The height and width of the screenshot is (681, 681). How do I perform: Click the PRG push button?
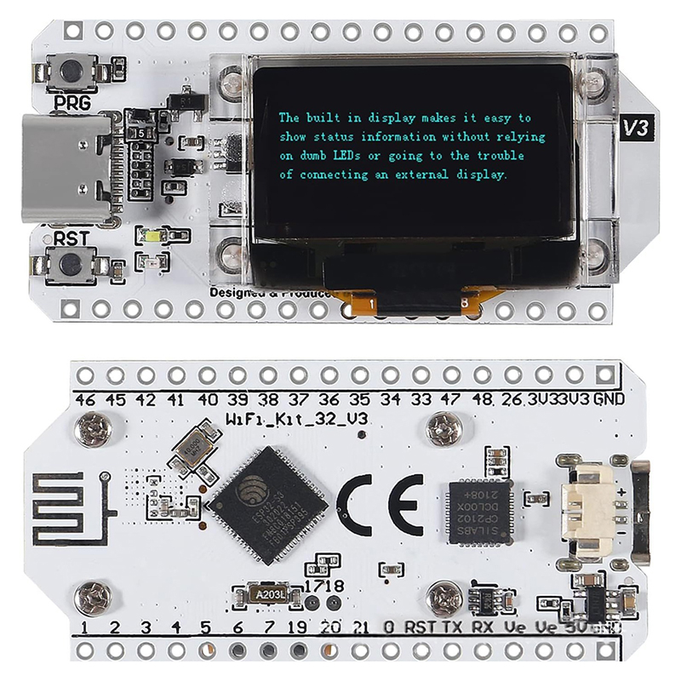pyautogui.click(x=71, y=70)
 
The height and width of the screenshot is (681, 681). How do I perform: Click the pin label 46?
pyautogui.click(x=85, y=398)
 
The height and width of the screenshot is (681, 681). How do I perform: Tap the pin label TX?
pyautogui.click(x=455, y=627)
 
